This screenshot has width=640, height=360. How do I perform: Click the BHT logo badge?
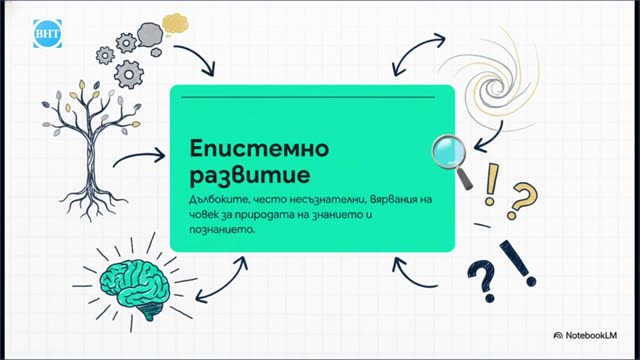pos(47,33)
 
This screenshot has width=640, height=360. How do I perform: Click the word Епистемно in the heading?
pos(259,149)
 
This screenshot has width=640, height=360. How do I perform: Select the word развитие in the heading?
pos(250,175)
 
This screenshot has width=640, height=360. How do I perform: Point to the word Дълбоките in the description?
pos(219,199)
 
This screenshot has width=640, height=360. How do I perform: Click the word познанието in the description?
pos(222,229)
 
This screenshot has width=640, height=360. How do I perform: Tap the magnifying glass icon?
pos(452,160)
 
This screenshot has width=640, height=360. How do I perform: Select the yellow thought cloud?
pos(175,24)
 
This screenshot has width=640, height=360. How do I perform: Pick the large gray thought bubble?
pos(150,35)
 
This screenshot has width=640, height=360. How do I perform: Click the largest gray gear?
pos(129,74)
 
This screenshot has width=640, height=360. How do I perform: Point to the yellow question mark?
pos(522,201)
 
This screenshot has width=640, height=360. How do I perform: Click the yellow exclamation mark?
pos(491,184)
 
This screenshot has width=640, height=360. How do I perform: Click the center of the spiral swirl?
pos(495,87)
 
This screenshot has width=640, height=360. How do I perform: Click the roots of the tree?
pos(92,199)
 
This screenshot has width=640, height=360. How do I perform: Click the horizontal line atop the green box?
pos(308,97)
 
